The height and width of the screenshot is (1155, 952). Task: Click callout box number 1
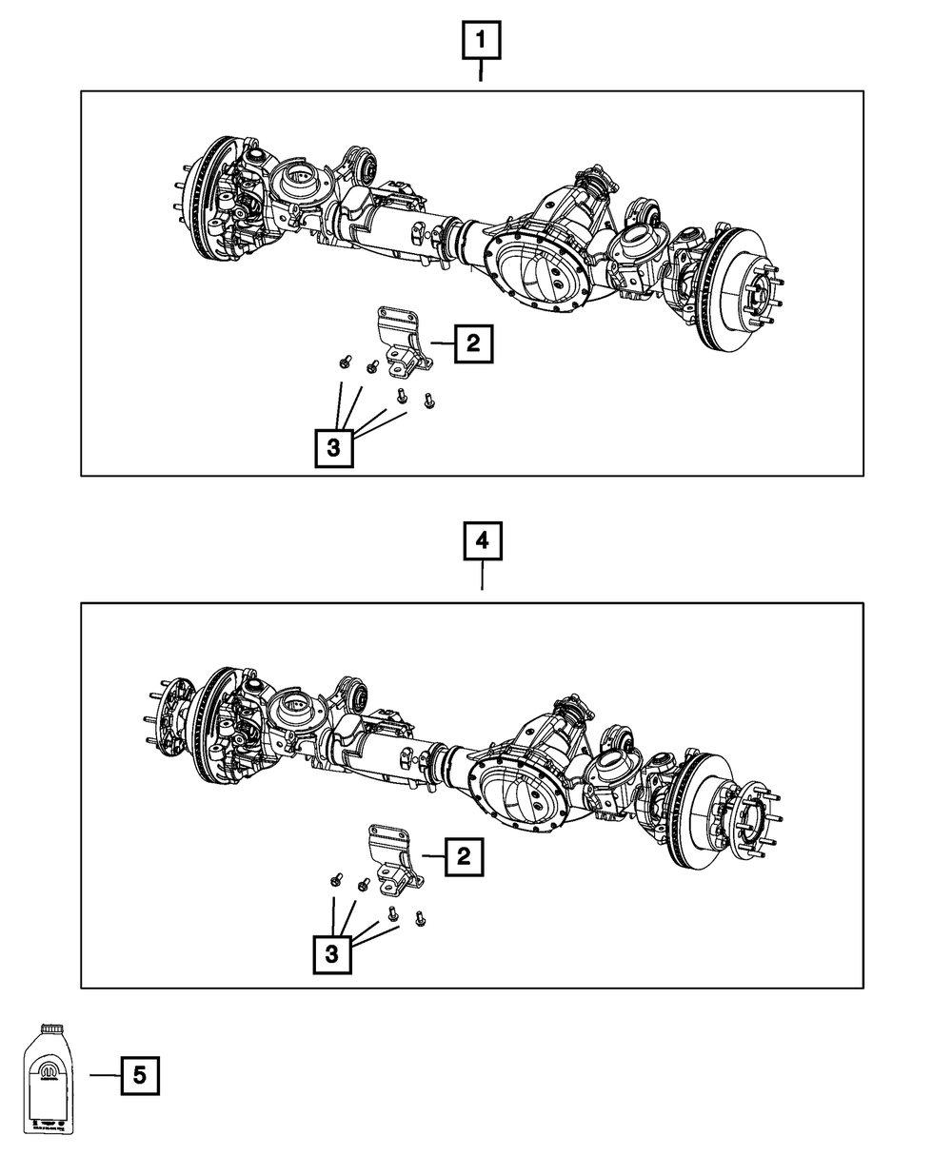pos(481,42)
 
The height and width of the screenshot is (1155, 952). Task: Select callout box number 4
pos(482,542)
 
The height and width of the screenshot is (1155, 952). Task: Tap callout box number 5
pos(139,1076)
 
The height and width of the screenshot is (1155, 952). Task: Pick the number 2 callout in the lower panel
pos(464,856)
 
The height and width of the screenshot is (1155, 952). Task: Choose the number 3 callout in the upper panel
pos(333,448)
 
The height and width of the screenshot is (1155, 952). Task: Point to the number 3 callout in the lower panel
pos(331,954)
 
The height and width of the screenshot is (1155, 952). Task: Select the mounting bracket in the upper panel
pos(399,341)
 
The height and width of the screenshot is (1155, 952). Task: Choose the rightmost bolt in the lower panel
pos(420,919)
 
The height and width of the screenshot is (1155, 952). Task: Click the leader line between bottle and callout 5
pos(105,1075)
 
